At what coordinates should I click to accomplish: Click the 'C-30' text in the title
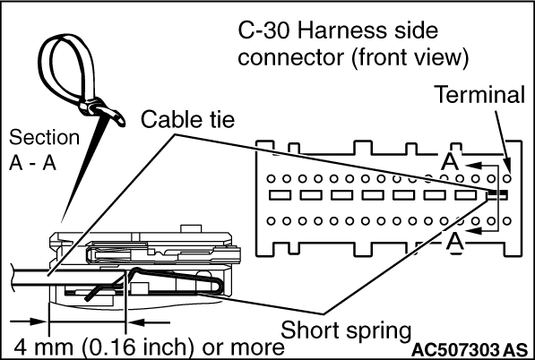[264, 30]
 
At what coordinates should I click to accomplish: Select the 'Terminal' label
[480, 94]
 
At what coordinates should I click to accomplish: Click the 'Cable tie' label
[187, 120]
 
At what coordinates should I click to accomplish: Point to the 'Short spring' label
[346, 330]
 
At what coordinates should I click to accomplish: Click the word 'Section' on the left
[44, 137]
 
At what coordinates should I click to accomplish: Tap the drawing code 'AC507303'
[455, 350]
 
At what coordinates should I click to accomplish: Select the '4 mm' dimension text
[43, 347]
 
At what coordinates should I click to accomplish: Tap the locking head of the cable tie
[91, 107]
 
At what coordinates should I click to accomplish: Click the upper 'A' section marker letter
[450, 161]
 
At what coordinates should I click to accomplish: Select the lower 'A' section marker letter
[455, 242]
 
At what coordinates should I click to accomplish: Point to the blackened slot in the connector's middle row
[497, 195]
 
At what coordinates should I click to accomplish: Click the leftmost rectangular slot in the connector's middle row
[280, 195]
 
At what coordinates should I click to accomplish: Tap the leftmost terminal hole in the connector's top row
[271, 178]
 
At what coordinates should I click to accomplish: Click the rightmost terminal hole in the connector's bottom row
[507, 221]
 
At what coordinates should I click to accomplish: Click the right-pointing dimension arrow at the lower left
[28, 321]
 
